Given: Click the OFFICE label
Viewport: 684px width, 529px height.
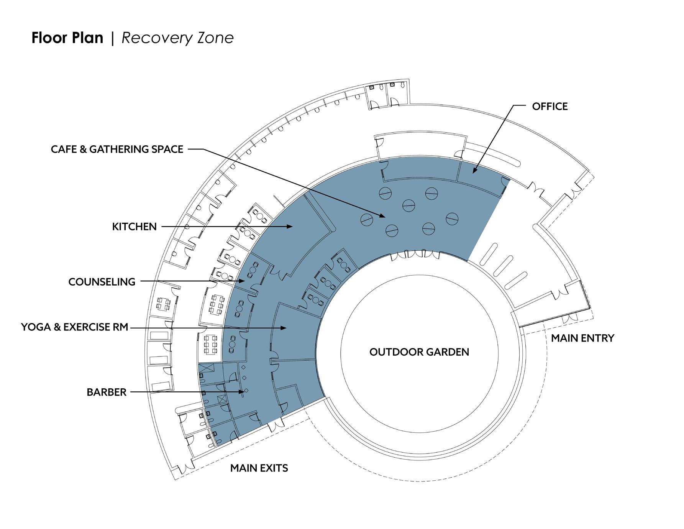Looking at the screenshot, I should pyautogui.click(x=549, y=106).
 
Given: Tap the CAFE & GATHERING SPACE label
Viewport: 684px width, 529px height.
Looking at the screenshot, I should pyautogui.click(x=117, y=149).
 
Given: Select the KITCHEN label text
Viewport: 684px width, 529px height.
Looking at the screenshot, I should pyautogui.click(x=134, y=227).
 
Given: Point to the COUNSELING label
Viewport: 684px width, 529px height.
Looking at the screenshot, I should pyautogui.click(x=102, y=282).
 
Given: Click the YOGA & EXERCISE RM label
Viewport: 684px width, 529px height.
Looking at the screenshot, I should pyautogui.click(x=74, y=327).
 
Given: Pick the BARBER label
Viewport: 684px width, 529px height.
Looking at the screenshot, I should pyautogui.click(x=106, y=392).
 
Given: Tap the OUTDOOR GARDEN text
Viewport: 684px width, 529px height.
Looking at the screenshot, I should pyautogui.click(x=419, y=352).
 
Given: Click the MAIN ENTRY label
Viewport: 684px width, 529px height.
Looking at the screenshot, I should pyautogui.click(x=582, y=338).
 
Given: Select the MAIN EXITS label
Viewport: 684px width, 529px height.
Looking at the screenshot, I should pyautogui.click(x=259, y=468).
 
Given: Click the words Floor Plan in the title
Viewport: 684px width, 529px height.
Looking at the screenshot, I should pyautogui.click(x=67, y=38).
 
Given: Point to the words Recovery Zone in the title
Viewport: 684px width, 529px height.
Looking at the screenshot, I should pyautogui.click(x=177, y=38).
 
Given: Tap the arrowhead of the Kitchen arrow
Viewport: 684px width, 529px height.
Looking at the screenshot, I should pyautogui.click(x=290, y=227).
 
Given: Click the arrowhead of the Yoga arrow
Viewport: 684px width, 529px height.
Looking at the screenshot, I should pyautogui.click(x=284, y=328).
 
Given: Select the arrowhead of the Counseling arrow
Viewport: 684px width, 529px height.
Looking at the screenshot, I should pyautogui.click(x=243, y=281).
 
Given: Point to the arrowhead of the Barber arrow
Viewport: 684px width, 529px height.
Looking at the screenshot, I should pyautogui.click(x=242, y=392).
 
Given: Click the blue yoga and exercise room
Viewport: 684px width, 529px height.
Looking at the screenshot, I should pyautogui.click(x=295, y=333).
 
